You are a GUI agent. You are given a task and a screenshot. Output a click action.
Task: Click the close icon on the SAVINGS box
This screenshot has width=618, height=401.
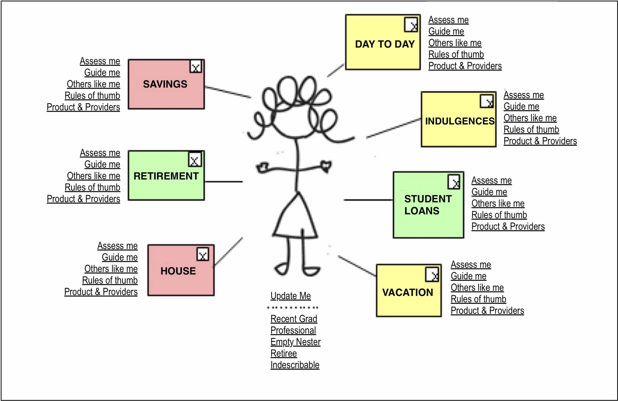click(196, 67)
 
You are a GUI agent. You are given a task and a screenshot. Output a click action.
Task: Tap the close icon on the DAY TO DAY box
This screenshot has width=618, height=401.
click(411, 25)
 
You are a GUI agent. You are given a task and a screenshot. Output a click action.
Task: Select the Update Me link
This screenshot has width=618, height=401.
click(290, 296)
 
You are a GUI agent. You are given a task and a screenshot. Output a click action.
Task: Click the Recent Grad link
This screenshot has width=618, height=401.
click(294, 319)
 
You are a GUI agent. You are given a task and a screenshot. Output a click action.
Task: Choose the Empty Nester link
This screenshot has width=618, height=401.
click(295, 342)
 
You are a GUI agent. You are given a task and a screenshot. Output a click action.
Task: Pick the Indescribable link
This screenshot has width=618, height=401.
click(295, 365)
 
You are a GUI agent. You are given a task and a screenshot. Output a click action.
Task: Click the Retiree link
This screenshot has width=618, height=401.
click(284, 353)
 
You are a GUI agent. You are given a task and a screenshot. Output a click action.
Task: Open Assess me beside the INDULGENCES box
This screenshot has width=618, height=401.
click(524, 95)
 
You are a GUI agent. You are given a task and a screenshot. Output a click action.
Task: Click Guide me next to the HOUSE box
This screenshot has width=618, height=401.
click(120, 257)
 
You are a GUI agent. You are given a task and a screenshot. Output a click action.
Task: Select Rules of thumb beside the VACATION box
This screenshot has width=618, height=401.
click(478, 299)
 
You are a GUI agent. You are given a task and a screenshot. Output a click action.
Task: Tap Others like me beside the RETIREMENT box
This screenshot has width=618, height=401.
click(93, 176)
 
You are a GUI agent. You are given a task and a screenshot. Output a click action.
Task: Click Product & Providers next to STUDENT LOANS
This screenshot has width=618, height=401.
click(508, 226)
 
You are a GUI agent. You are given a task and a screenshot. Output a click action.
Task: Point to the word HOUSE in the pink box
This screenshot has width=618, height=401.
click(178, 271)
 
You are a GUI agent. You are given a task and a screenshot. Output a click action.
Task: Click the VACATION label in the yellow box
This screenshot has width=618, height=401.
click(408, 293)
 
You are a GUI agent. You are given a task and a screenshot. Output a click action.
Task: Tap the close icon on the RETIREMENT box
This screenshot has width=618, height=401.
click(195, 160)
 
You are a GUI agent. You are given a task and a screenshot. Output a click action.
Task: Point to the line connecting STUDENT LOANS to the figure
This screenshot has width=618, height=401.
click(368, 200)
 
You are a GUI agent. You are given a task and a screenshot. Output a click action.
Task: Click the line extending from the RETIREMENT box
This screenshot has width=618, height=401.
click(223, 182)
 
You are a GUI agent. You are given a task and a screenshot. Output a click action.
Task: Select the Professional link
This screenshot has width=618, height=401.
click(293, 330)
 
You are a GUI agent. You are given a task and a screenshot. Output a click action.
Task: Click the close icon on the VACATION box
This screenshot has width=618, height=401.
click(432, 274)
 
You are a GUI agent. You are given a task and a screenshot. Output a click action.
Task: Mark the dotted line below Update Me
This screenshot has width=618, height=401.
click(293, 308)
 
